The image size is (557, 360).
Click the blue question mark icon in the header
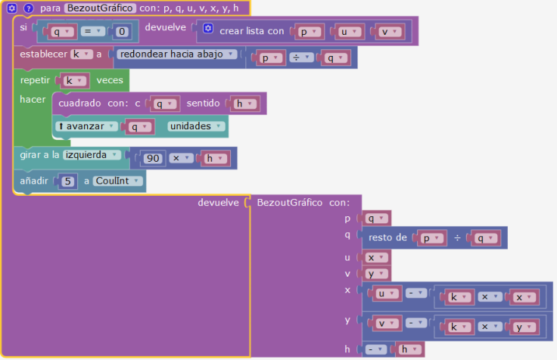click(29, 8)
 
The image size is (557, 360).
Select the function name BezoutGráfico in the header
click(100, 8)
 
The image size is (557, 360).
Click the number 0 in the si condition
click(122, 32)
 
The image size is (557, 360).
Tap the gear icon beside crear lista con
click(208, 29)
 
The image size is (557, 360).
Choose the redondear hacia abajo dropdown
click(176, 54)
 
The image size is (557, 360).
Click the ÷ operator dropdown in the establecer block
click(301, 57)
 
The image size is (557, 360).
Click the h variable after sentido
click(244, 104)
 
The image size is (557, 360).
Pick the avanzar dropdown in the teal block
click(86, 126)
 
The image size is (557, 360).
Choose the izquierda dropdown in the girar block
click(92, 155)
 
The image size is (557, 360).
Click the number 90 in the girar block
click(153, 158)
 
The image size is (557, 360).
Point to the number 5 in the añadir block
click(67, 182)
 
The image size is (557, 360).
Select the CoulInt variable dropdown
click(117, 181)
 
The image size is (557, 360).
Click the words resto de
click(387, 237)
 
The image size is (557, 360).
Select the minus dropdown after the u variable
click(416, 293)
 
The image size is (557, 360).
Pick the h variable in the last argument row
click(409, 349)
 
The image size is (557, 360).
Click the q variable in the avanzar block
click(139, 127)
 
